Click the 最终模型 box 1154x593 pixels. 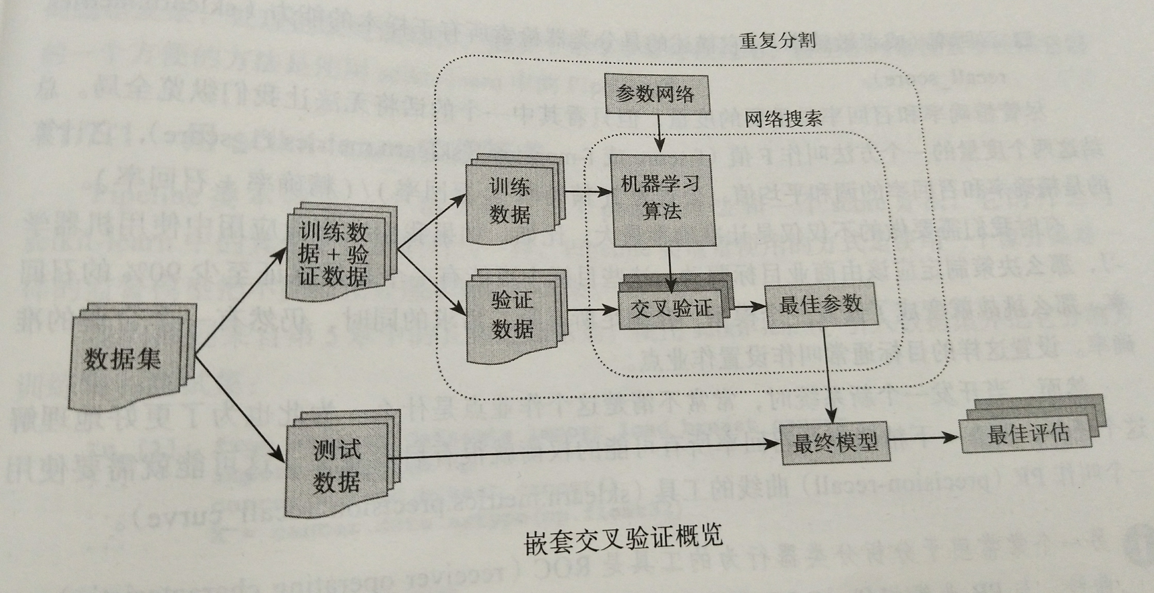834,443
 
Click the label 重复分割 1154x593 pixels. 777,41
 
